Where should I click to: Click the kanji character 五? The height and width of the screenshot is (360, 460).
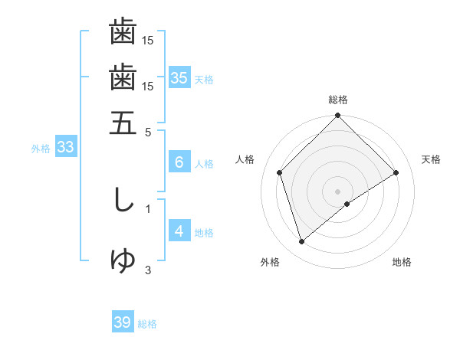123,123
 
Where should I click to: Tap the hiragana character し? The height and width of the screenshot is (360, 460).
123,200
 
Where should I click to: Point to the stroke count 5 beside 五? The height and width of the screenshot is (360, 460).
149,131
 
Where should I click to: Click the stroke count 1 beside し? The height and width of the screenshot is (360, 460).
148,208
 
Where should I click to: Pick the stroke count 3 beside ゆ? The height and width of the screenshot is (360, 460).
148,269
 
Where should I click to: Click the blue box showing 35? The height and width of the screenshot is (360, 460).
179,77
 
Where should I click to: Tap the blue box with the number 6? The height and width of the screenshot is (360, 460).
179,162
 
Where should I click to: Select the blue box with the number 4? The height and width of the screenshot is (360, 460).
179,231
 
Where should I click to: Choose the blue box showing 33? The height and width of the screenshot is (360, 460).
65,148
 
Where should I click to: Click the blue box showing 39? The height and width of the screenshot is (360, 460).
123,322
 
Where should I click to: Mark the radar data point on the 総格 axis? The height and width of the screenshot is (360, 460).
337,116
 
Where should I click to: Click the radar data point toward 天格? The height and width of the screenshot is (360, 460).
396,172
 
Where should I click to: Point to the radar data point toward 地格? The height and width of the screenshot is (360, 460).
347,204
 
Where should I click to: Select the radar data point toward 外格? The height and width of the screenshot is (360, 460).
301,242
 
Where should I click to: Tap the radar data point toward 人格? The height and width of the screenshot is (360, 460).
280,172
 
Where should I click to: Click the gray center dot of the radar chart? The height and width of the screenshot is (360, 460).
337,191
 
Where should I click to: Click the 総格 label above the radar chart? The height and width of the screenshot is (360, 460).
337,99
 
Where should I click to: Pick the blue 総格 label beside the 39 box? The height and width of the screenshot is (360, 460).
147,324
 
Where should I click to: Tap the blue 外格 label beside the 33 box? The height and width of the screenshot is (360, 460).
41,149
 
